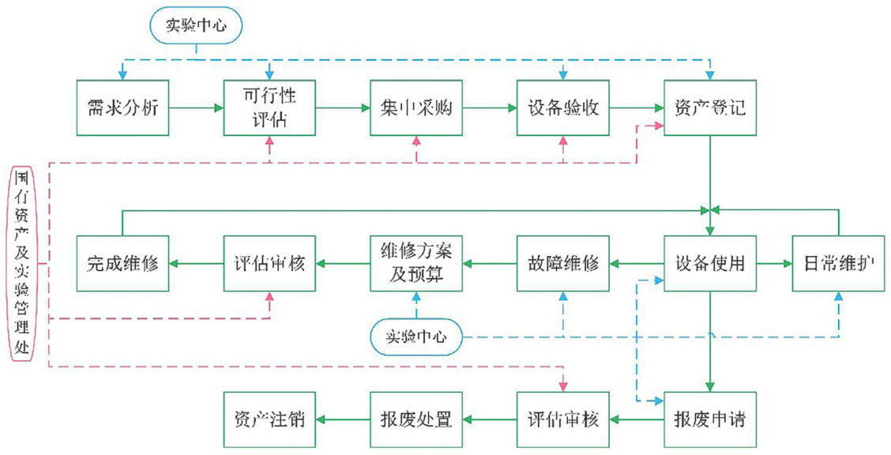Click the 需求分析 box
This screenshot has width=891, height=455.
(x=122, y=107)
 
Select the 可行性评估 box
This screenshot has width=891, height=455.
(x=269, y=107)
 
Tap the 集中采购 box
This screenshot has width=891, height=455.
(x=416, y=107)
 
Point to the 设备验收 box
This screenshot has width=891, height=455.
(x=562, y=107)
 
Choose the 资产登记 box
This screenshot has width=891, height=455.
(x=710, y=107)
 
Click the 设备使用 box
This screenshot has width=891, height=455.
(x=710, y=264)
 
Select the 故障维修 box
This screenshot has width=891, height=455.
(x=562, y=264)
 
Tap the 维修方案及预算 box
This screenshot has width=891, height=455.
(x=416, y=264)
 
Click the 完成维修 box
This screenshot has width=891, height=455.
(x=122, y=264)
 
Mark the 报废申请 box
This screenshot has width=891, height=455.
(x=710, y=419)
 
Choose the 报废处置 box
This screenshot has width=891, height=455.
(x=416, y=419)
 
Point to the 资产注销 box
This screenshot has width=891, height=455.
(x=269, y=419)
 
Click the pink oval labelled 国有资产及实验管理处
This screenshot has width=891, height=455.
(x=23, y=264)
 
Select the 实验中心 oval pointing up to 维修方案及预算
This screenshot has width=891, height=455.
(x=416, y=337)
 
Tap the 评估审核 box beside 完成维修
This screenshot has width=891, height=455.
(x=269, y=264)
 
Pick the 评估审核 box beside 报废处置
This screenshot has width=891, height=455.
(x=562, y=419)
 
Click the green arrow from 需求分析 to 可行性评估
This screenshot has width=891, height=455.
(x=196, y=107)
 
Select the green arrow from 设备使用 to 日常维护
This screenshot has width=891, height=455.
(x=774, y=264)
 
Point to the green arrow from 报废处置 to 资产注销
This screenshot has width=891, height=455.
(x=343, y=419)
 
